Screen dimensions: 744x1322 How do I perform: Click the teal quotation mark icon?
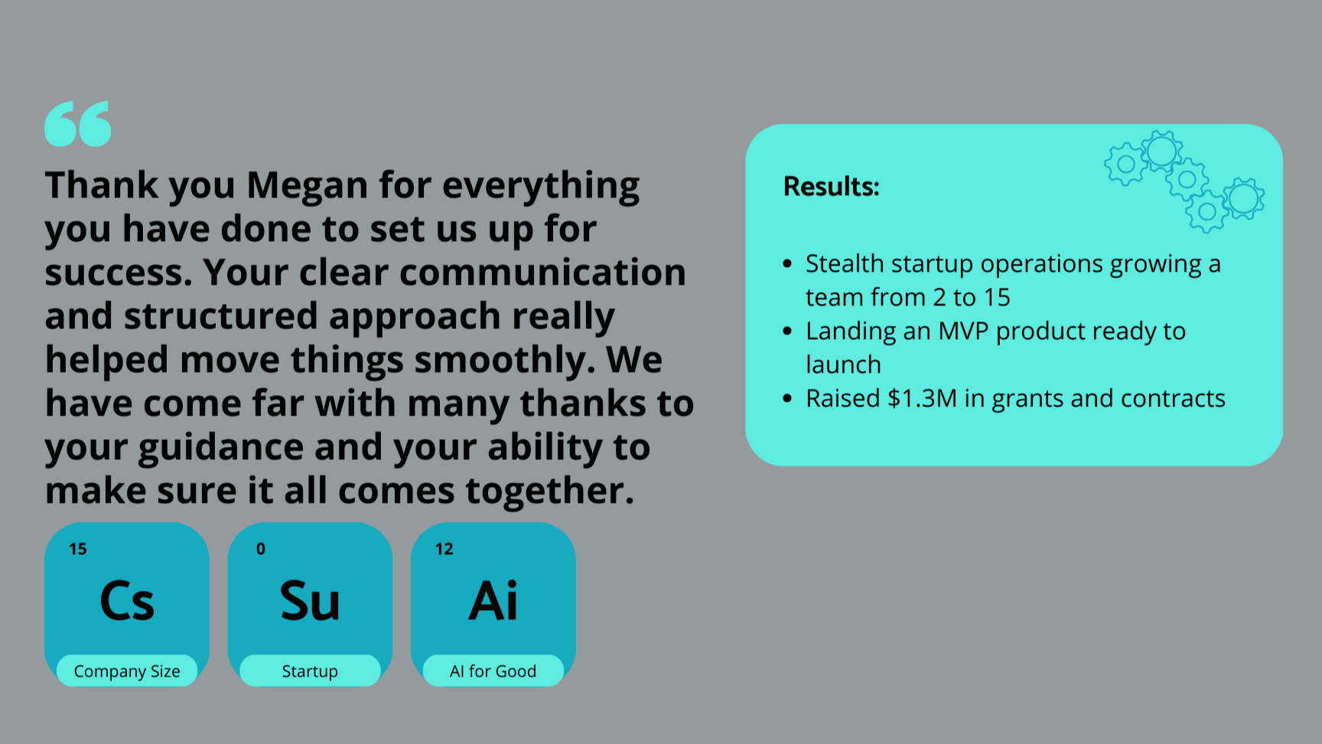[77, 123]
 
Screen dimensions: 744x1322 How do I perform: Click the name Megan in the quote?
[307, 186]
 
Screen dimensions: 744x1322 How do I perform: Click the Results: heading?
[831, 186]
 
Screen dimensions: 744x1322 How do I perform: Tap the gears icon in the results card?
[1184, 181]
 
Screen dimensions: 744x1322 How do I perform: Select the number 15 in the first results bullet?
[997, 297]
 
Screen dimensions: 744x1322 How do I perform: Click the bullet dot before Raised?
[787, 398]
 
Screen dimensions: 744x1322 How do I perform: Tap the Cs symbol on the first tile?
[127, 601]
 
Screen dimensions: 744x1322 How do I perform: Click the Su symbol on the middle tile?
[310, 601]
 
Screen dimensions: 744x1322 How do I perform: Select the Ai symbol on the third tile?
[493, 601]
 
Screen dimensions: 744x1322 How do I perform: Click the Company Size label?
[127, 671]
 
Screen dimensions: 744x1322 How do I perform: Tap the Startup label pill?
[310, 671]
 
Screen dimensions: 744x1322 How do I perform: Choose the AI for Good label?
[493, 671]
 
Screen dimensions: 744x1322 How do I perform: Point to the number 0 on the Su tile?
[261, 549]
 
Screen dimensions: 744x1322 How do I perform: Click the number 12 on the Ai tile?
[444, 549]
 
